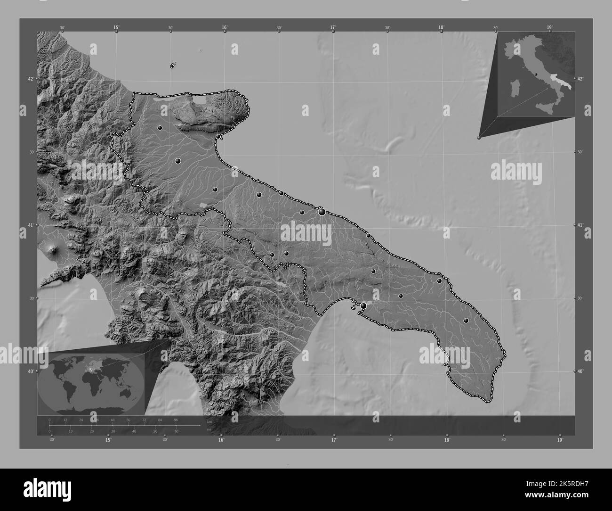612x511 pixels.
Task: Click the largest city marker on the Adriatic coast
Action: [322, 212]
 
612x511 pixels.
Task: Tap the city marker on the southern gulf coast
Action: [363, 306]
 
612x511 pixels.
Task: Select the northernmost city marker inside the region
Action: [160, 128]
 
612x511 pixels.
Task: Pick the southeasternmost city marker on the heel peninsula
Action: [466, 321]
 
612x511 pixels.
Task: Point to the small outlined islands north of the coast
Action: [172, 65]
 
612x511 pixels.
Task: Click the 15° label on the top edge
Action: [116, 28]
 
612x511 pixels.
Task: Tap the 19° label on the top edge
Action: [549, 28]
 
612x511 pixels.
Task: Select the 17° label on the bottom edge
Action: [334, 440]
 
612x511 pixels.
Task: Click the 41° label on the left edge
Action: [30, 225]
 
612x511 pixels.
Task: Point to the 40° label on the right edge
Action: [580, 371]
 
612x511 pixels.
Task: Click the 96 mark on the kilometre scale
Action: [176, 420]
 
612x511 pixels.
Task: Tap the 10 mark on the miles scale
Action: [71, 431]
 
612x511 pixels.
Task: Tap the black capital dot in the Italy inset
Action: [536, 74]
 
